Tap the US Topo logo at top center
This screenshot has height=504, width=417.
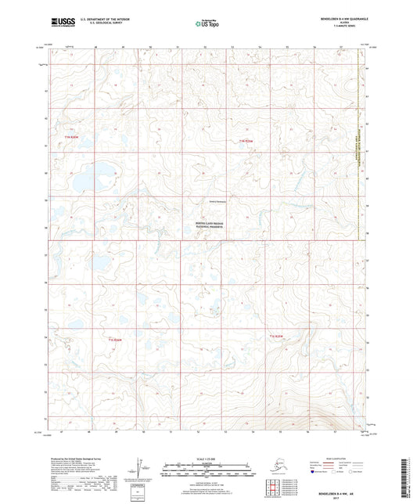click(x=208, y=24)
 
